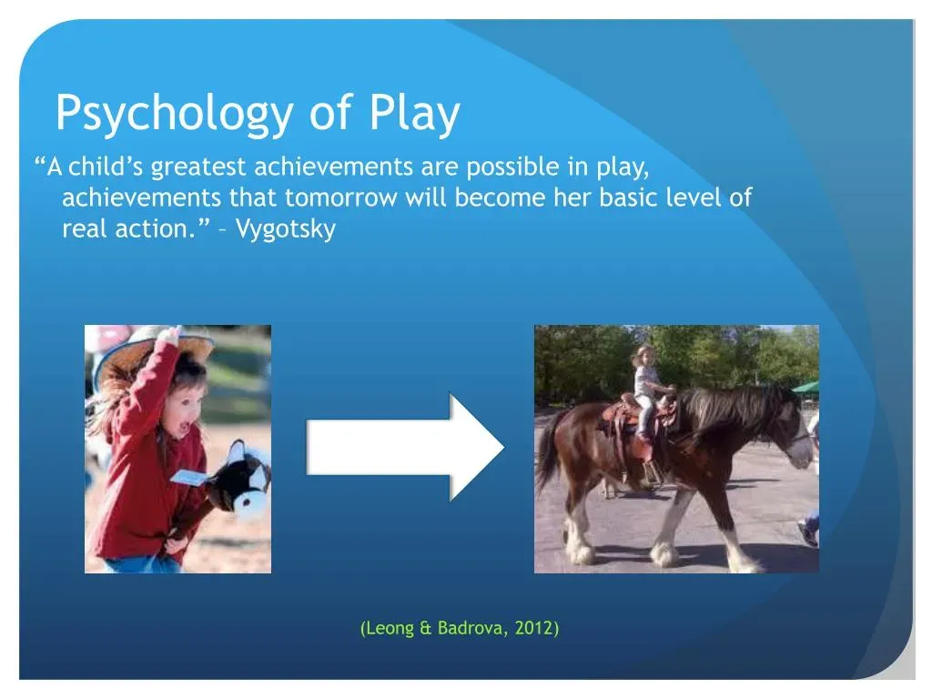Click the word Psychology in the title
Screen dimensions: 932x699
click(174, 114)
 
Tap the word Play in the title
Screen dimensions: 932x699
click(414, 114)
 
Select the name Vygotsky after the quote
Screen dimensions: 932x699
click(286, 228)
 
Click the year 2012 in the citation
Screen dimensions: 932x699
click(533, 628)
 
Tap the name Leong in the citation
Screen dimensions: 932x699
click(390, 629)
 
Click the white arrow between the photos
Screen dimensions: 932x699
click(405, 447)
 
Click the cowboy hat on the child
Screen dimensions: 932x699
click(153, 354)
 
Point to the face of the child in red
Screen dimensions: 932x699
click(182, 410)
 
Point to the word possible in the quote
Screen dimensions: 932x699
click(512, 167)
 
